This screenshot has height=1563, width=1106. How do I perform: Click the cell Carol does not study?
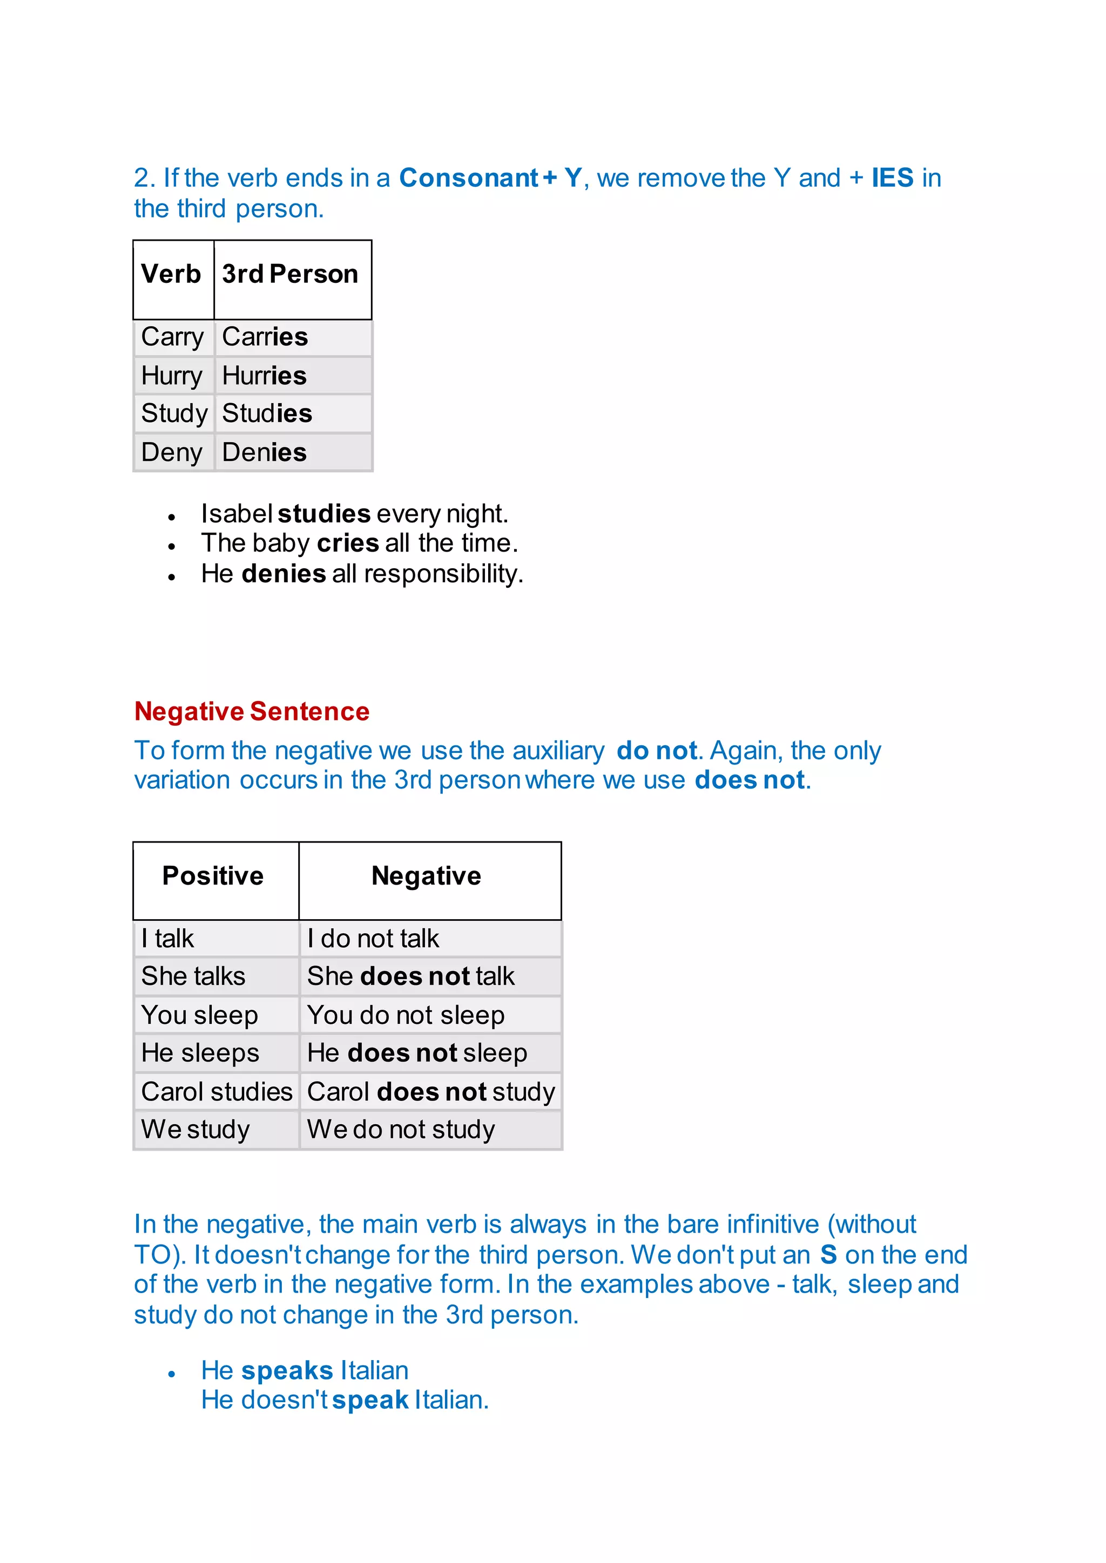[430, 1092]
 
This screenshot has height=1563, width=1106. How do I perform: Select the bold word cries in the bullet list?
[347, 543]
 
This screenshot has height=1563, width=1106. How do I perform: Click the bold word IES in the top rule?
[892, 178]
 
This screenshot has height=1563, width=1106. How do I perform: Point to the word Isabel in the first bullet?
[237, 513]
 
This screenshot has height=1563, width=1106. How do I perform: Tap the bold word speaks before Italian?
[287, 1370]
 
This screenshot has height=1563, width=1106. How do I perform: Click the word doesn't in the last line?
[285, 1401]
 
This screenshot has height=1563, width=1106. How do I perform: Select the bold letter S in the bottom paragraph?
[828, 1255]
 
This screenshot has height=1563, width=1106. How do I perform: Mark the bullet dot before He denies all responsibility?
[172, 576]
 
